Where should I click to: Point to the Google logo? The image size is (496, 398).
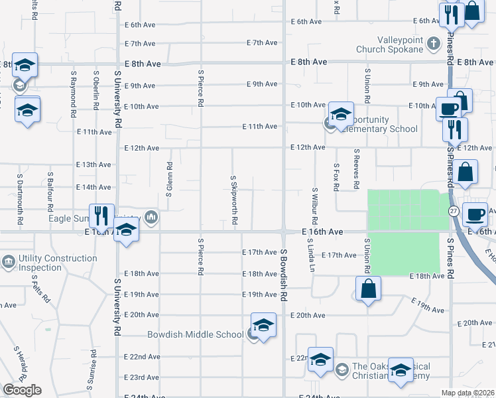pos(22,390)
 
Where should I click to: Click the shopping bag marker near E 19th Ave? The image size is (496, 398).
pos(368,289)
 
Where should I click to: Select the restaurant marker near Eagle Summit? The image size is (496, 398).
pos(101,216)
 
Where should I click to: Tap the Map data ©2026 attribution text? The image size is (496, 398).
pos(467,393)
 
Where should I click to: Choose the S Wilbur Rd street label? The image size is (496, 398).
pos(314,206)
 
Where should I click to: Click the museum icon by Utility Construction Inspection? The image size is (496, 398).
pos(9,263)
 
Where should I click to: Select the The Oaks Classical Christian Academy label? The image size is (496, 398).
pos(391,371)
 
